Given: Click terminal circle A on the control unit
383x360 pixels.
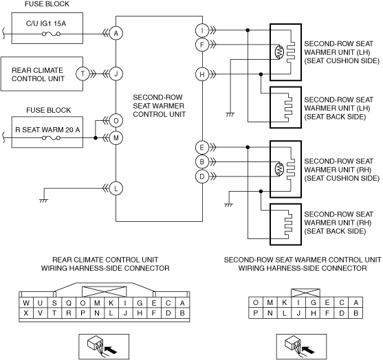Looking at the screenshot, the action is click(x=116, y=33).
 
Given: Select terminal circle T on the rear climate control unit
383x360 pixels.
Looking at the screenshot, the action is click(x=83, y=74).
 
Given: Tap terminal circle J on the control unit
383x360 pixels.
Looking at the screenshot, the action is click(x=116, y=74).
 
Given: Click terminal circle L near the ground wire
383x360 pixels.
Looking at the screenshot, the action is click(x=116, y=188).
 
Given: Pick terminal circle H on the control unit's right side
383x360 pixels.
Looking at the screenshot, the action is click(x=202, y=74).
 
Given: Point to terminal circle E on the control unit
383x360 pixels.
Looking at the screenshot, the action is click(x=202, y=147).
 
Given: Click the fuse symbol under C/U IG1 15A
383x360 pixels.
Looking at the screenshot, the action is click(x=51, y=34).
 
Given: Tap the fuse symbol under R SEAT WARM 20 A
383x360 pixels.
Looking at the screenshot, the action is click(x=51, y=138).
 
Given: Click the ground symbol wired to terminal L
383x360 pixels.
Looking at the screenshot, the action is click(x=44, y=201).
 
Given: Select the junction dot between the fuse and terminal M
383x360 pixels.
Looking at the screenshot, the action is click(x=96, y=138).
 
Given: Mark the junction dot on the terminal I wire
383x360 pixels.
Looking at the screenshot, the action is click(x=248, y=30).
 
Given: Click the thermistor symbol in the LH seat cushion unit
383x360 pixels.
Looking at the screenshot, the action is click(x=279, y=52).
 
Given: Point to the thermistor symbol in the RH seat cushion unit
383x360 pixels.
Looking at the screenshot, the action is click(x=279, y=169).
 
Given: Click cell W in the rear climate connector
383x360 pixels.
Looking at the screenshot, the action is click(x=26, y=303).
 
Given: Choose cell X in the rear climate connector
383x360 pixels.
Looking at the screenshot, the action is click(x=26, y=313).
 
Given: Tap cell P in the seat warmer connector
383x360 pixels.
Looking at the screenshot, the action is click(x=256, y=313).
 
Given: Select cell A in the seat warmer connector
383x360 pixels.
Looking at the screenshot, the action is click(x=355, y=302).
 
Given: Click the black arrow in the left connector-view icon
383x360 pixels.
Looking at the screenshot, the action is click(x=111, y=350).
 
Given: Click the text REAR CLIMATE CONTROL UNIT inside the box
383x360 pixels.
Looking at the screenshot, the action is click(x=38, y=74).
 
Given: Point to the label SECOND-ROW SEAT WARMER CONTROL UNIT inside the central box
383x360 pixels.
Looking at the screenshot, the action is click(x=159, y=106).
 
